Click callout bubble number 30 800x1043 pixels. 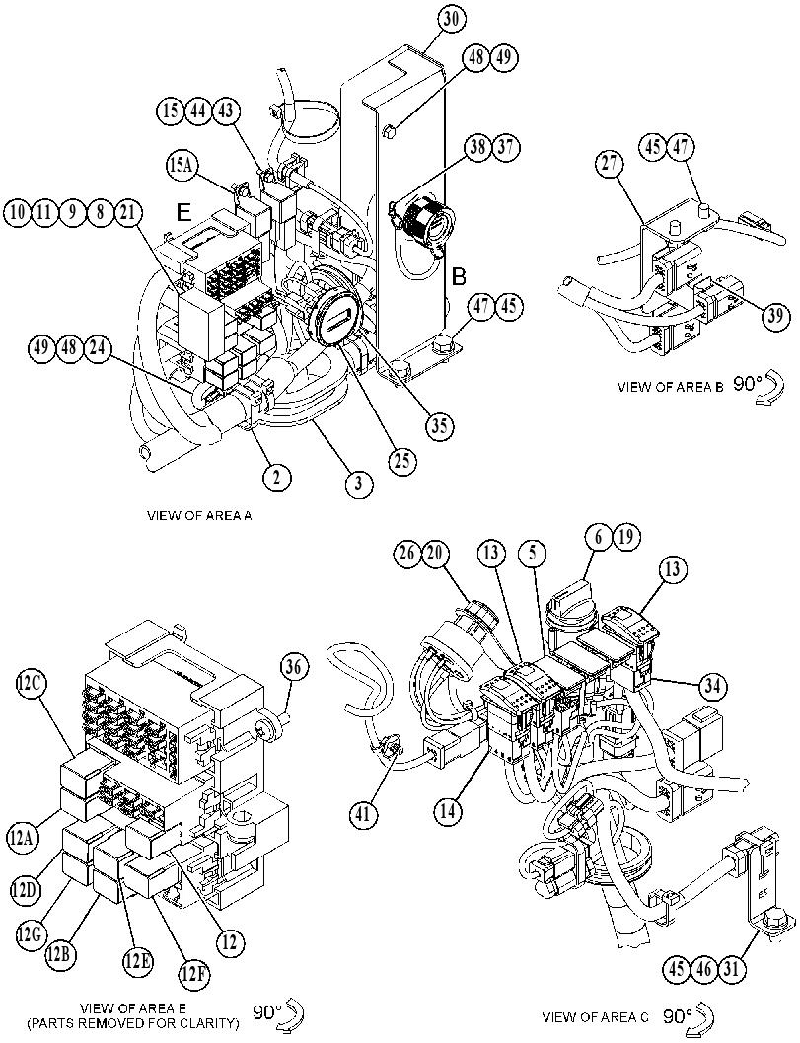click(x=451, y=20)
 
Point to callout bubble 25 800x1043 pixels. click(x=402, y=460)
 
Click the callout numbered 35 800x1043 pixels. click(x=440, y=425)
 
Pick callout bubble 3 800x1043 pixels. click(x=358, y=483)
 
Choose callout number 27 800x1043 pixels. click(x=610, y=165)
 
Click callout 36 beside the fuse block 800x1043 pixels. click(x=295, y=667)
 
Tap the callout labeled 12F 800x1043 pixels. click(x=192, y=975)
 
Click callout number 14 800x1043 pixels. click(x=450, y=809)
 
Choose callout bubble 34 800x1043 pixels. click(x=712, y=685)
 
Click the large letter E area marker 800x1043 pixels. click(x=183, y=212)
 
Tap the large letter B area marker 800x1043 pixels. click(x=459, y=276)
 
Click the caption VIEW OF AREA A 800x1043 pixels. click(x=199, y=515)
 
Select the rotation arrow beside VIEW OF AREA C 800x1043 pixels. click(x=705, y=1018)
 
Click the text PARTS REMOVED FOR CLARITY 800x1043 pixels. click(x=133, y=1023)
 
